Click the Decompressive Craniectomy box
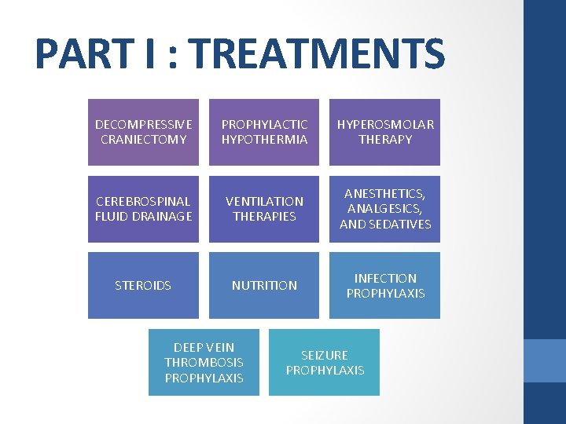click(143, 132)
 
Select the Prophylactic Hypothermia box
click(264, 132)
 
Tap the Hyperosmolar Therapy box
click(385, 132)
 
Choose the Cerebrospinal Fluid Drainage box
click(143, 208)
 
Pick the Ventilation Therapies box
click(264, 208)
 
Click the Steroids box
click(143, 285)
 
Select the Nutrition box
click(264, 285)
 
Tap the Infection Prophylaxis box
click(385, 285)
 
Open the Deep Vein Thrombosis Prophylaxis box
click(204, 362)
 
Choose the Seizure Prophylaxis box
click(325, 362)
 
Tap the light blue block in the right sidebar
click(545, 360)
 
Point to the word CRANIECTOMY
click(144, 140)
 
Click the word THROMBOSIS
click(204, 362)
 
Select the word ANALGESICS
click(385, 209)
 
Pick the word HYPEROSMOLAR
click(385, 124)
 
